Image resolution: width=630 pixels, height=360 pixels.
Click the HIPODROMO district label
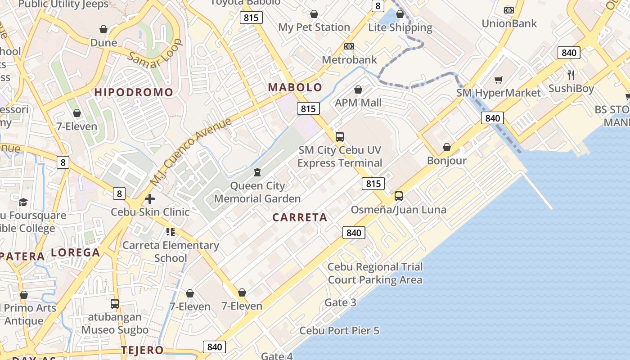(x=134, y=93)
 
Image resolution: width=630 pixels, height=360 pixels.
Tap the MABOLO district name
(x=295, y=87)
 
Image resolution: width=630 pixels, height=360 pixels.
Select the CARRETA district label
(x=300, y=218)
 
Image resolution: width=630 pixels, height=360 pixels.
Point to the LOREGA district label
(x=76, y=252)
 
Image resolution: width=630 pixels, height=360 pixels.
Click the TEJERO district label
(x=142, y=350)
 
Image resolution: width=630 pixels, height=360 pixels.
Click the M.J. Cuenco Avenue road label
(x=191, y=152)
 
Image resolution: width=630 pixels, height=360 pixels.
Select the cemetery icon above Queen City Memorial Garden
(x=257, y=172)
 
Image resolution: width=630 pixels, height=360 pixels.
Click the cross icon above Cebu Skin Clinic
(x=150, y=198)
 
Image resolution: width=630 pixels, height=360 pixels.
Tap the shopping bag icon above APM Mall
(x=358, y=90)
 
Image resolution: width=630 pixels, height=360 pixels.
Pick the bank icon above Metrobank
(x=349, y=46)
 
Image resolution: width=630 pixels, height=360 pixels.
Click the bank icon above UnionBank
(x=509, y=10)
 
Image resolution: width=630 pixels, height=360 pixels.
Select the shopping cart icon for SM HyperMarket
(x=498, y=80)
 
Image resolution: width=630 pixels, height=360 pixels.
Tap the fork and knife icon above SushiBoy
(x=571, y=75)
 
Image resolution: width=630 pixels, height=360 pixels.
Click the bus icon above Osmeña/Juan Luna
(x=399, y=196)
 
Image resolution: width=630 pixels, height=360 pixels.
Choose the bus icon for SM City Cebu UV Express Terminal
(x=340, y=136)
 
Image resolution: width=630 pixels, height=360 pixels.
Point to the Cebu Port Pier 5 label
(x=339, y=331)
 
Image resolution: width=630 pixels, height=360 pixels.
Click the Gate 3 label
(x=340, y=302)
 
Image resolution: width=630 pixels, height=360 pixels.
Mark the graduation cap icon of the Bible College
(x=23, y=202)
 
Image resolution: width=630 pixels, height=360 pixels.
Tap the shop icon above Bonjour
(x=447, y=147)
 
